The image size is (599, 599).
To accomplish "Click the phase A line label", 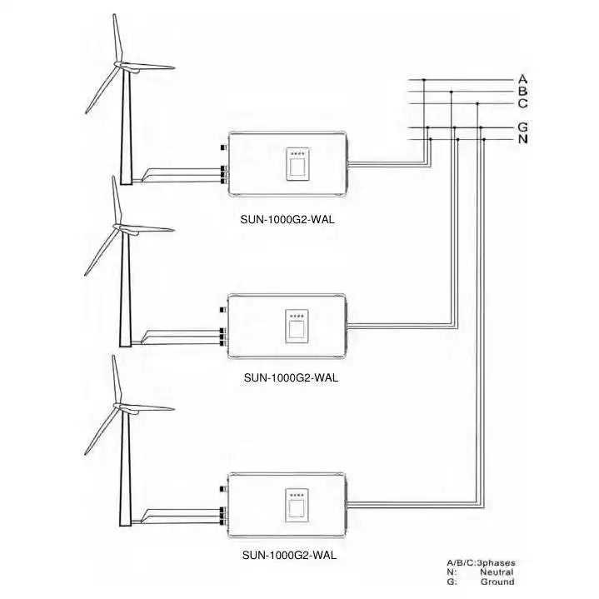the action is pyautogui.click(x=523, y=80).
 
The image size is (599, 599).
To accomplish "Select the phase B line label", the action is pyautogui.click(x=523, y=92).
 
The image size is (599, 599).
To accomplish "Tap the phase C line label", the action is pyautogui.click(x=523, y=103).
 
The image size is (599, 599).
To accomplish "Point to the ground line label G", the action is pyautogui.click(x=523, y=127).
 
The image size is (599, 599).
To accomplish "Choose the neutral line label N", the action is pyautogui.click(x=523, y=139).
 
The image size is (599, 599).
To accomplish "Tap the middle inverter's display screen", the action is pyautogui.click(x=297, y=328).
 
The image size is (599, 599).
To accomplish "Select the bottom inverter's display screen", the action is pyautogui.click(x=297, y=506).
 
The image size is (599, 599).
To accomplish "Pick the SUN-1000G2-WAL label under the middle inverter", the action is pyautogui.click(x=291, y=377).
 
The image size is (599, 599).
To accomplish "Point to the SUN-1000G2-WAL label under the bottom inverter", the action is pyautogui.click(x=291, y=554).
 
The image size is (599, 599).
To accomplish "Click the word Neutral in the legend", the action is pyautogui.click(x=497, y=572).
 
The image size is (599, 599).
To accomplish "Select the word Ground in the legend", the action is pyautogui.click(x=497, y=582).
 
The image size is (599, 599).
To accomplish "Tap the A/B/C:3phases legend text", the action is pyautogui.click(x=481, y=562).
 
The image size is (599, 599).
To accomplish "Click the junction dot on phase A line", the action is pyautogui.click(x=425, y=80).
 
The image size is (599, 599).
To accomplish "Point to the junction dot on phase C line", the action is pyautogui.click(x=477, y=103).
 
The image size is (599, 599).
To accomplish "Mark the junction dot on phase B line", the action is pyautogui.click(x=451, y=92).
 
